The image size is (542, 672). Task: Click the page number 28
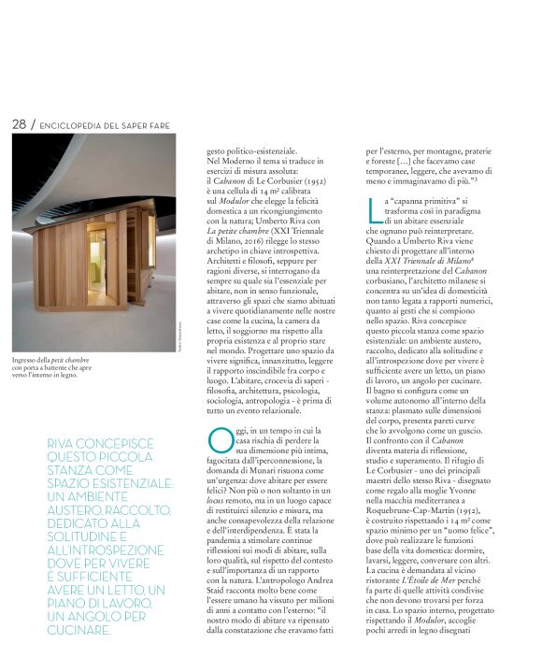pos(18,123)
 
